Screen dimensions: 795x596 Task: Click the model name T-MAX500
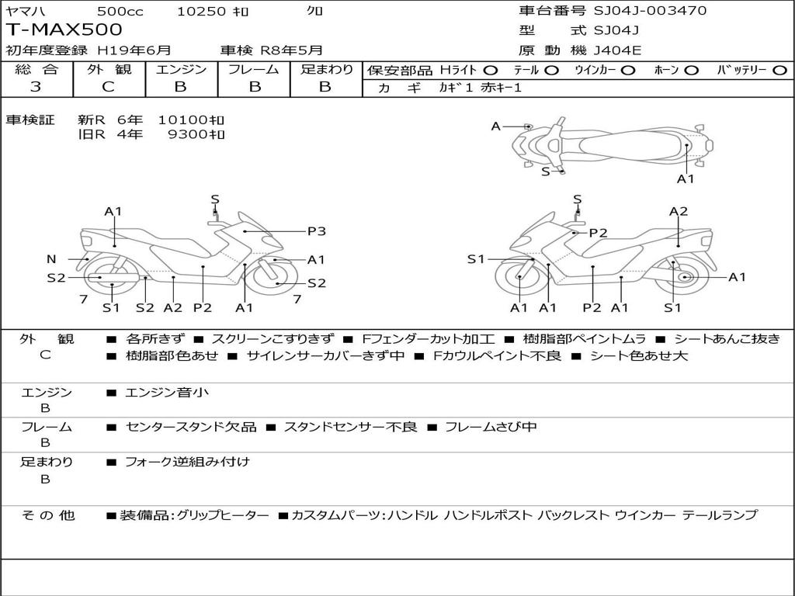pyautogui.click(x=64, y=30)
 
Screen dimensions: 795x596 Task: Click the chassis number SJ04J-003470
pyautogui.click(x=650, y=11)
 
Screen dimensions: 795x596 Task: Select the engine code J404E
pyautogui.click(x=617, y=50)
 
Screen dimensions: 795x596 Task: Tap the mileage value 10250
pyautogui.click(x=201, y=11)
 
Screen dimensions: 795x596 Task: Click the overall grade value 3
pyautogui.click(x=36, y=87)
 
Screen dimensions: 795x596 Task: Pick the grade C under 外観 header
pyautogui.click(x=108, y=87)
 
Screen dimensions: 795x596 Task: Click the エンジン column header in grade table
pyautogui.click(x=181, y=70)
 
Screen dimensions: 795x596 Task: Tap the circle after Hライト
pyautogui.click(x=491, y=70)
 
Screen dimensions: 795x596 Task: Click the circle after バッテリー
pyautogui.click(x=779, y=70)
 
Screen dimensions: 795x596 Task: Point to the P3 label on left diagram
pyautogui.click(x=316, y=230)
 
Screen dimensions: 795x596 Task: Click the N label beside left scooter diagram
pyautogui.click(x=51, y=259)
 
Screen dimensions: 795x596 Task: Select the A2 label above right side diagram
pyautogui.click(x=679, y=211)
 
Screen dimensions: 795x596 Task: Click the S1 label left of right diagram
pyautogui.click(x=475, y=259)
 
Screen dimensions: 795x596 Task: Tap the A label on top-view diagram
pyautogui.click(x=495, y=126)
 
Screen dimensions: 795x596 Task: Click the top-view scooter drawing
pyautogui.click(x=613, y=144)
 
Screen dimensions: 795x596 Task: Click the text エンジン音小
pyautogui.click(x=167, y=393)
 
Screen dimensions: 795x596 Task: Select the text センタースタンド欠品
pyautogui.click(x=190, y=427)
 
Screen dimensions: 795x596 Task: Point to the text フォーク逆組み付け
pyautogui.click(x=187, y=462)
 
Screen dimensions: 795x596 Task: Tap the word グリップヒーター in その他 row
pyautogui.click(x=223, y=515)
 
